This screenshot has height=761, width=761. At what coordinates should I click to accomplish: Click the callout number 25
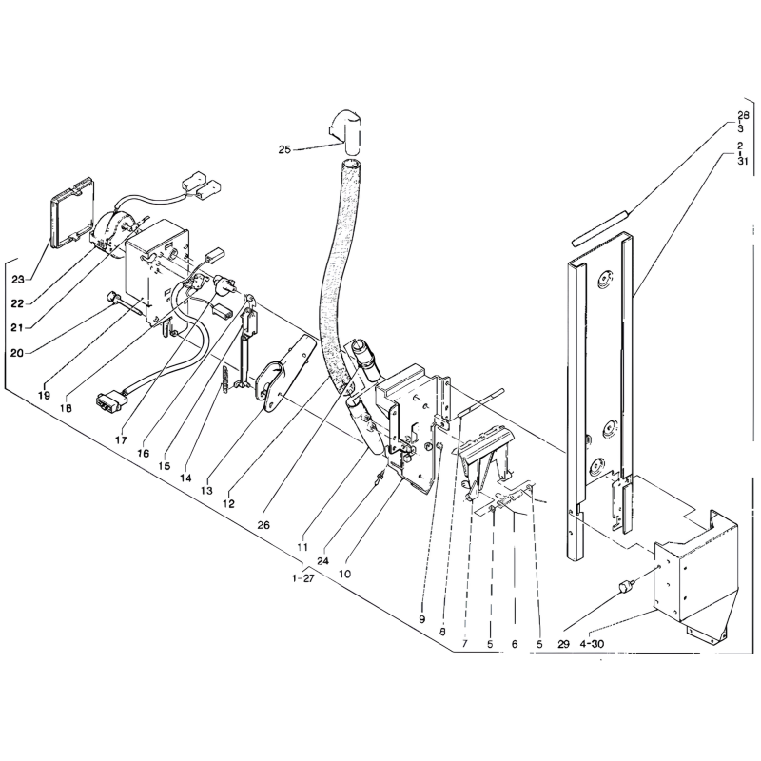pos(284,149)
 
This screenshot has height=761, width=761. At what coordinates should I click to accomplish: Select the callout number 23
pos(18,279)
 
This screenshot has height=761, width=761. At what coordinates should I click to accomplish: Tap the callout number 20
pos(16,353)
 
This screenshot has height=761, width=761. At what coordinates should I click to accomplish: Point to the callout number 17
pos(121,440)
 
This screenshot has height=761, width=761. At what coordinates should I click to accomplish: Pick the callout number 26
pos(263,525)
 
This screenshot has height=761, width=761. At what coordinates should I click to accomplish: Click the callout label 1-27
pos(303,578)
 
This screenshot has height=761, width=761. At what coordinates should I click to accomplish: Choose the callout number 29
pos(563,645)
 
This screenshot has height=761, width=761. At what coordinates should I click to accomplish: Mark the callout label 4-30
pos(592,645)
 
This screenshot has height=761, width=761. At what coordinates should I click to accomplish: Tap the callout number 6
pos(515,645)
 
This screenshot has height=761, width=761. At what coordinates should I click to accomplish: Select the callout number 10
pos(344,574)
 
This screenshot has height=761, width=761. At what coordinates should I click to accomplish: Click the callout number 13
pos(206,490)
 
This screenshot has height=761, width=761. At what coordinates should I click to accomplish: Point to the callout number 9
pos(421,619)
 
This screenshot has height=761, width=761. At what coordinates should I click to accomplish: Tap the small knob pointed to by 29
pos(626,587)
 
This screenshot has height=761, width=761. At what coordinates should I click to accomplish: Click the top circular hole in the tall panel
pos(604,279)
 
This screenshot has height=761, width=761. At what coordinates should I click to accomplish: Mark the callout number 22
pos(17,303)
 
